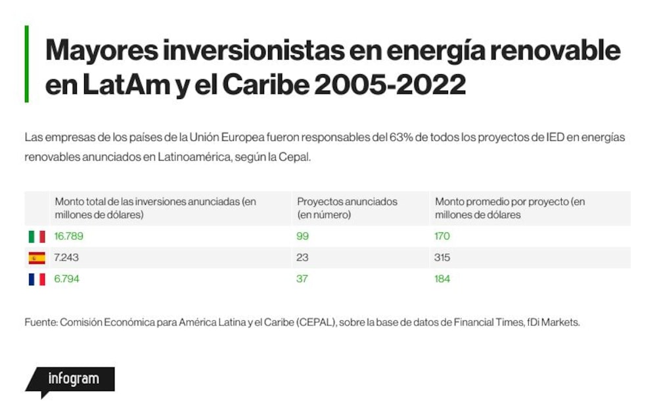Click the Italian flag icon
(x=37, y=237)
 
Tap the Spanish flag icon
(x=37, y=258)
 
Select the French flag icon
(x=37, y=279)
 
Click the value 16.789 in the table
(x=69, y=236)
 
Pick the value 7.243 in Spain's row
(x=66, y=258)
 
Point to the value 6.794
(x=66, y=279)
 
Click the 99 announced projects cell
(x=302, y=236)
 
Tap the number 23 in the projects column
(x=302, y=258)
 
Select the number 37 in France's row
(x=302, y=279)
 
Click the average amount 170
(x=442, y=236)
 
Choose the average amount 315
(x=442, y=258)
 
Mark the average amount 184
(x=442, y=279)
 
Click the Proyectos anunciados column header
(x=347, y=209)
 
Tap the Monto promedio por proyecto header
(x=510, y=209)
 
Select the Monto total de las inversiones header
(x=156, y=209)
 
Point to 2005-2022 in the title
(x=390, y=85)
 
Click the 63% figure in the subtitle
(x=401, y=138)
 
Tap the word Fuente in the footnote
(x=41, y=323)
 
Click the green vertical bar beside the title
(x=27, y=64)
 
